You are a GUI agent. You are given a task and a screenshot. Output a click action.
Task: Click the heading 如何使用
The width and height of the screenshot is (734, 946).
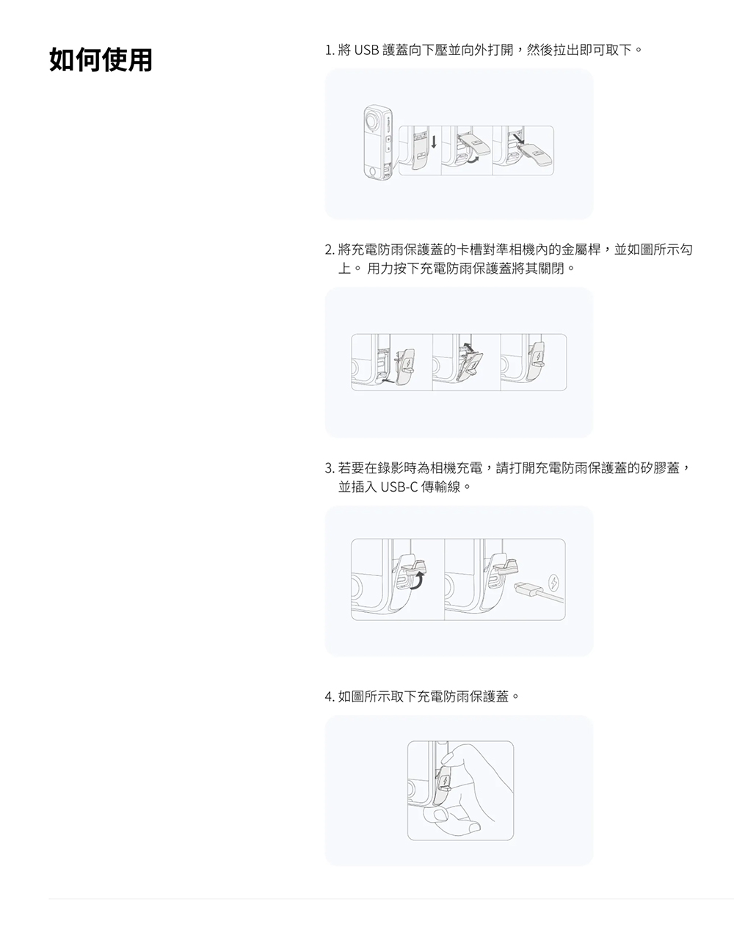point(101,60)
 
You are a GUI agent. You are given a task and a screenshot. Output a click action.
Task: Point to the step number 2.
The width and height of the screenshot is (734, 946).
point(329,250)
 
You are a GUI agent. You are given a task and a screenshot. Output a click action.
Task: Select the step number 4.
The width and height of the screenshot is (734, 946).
point(329,696)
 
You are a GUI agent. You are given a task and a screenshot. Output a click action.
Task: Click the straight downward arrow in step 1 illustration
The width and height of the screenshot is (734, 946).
point(433,140)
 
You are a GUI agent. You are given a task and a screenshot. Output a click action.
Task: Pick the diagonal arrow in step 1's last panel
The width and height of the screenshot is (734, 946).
point(519,139)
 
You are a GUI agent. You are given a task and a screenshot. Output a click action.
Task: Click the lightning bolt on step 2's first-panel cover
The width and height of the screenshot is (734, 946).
point(406,362)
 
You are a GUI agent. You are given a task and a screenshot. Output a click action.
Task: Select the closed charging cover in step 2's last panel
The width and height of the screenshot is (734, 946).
point(539,360)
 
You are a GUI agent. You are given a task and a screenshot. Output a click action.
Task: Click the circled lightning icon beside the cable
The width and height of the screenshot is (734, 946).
point(554,584)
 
